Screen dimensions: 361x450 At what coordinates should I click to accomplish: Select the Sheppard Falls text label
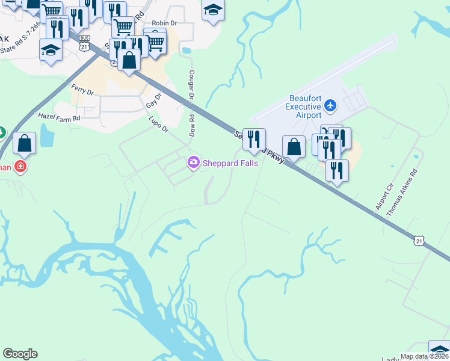[x=230, y=162]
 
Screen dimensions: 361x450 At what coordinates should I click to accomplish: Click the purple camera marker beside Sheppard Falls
[x=193, y=162]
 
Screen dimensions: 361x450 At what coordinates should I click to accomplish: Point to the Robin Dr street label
[x=164, y=23]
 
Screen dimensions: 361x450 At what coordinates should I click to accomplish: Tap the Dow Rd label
[x=191, y=126]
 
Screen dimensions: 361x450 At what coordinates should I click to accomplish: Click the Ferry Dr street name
[x=82, y=90]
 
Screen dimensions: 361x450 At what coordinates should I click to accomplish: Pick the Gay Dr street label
[x=155, y=100]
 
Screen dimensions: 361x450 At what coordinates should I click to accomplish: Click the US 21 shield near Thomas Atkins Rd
[x=419, y=240]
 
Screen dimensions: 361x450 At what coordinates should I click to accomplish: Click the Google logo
[x=20, y=354]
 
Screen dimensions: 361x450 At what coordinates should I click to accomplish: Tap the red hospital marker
[x=20, y=165]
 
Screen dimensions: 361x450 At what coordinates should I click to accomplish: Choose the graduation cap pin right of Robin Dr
[x=213, y=10]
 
